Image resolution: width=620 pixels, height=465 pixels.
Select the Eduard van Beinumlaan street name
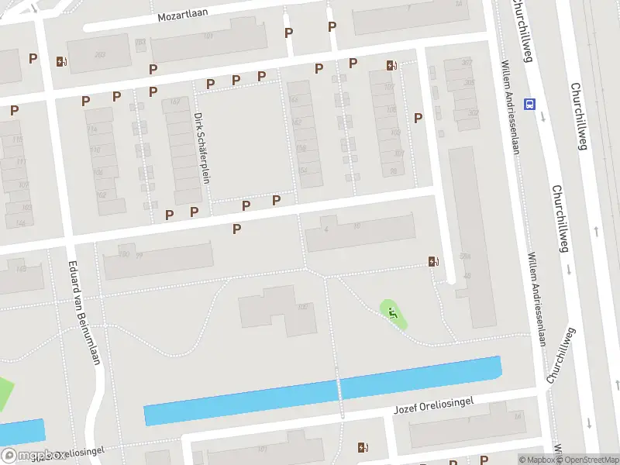87,317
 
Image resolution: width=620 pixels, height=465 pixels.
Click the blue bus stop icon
530,103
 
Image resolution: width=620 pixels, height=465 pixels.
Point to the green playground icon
393,314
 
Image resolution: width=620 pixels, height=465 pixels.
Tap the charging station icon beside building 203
61,61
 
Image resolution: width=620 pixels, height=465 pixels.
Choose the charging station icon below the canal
363,447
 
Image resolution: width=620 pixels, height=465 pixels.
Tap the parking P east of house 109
418,118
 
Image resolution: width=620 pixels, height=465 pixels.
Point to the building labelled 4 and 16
360,232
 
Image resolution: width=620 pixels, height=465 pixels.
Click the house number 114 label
93,128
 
